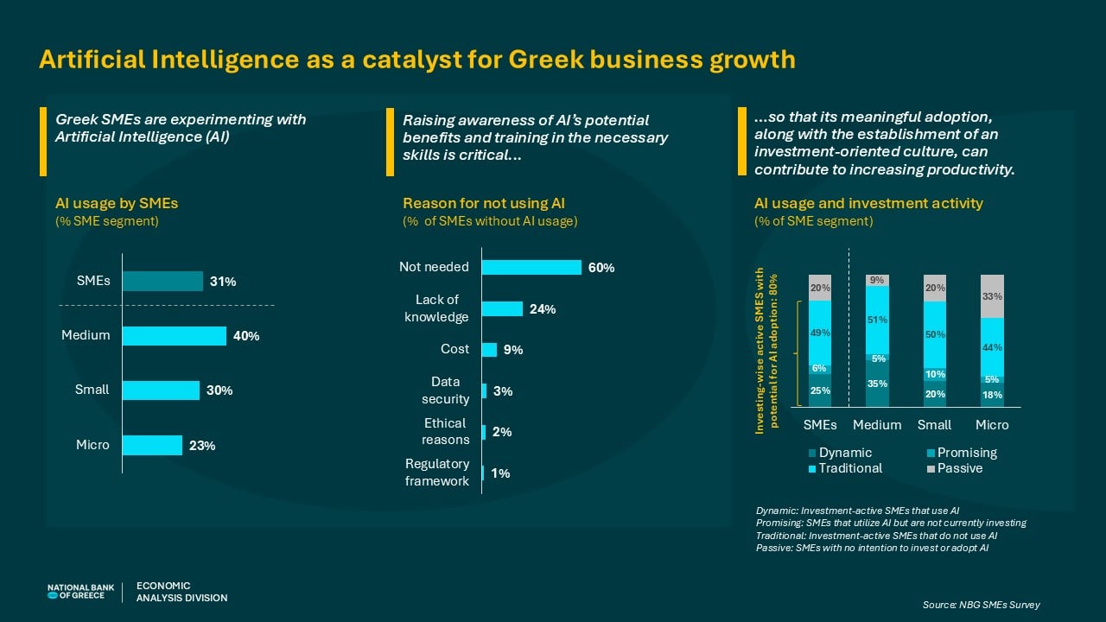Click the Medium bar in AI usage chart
(174, 335)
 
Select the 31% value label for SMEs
(223, 282)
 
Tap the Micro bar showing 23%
(152, 445)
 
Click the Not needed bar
(531, 267)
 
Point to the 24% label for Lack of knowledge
(542, 309)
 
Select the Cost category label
(454, 349)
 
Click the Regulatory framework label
(437, 473)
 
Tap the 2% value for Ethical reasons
(501, 432)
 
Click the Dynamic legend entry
(845, 453)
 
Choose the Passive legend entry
(959, 468)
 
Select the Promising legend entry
(966, 453)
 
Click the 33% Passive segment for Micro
(992, 296)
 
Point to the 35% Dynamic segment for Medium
(877, 384)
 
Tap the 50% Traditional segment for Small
(935, 334)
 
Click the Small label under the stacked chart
(934, 425)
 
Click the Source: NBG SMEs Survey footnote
(981, 605)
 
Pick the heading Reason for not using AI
(483, 204)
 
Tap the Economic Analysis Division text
(181, 592)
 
